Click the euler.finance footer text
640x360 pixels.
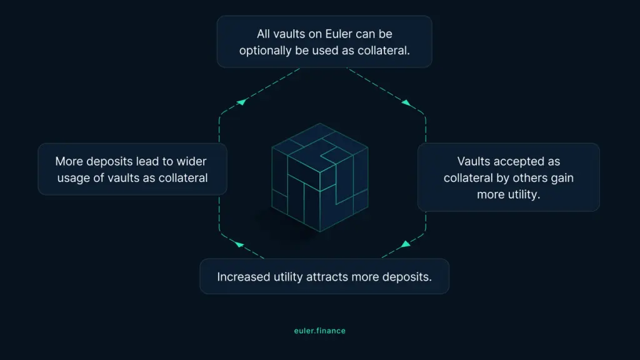319,331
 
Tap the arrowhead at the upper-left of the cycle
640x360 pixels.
242,101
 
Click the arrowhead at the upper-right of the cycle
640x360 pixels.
406,103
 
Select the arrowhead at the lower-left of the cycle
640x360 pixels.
239,244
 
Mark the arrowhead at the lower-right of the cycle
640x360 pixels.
405,244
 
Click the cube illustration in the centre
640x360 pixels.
320,177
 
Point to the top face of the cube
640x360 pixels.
320,147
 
